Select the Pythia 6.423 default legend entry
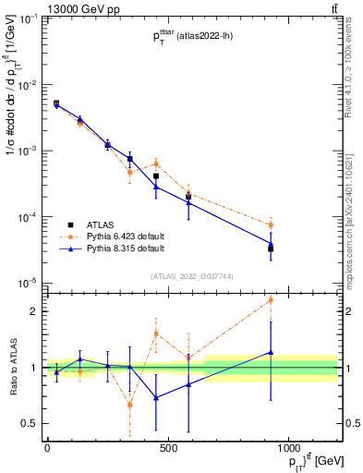point(127,236)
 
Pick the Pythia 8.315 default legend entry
point(127,249)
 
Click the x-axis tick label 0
point(47,446)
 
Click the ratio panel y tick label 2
point(31,311)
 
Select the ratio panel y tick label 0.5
point(28,423)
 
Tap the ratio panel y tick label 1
point(31,368)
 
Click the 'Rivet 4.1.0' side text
point(351,65)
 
